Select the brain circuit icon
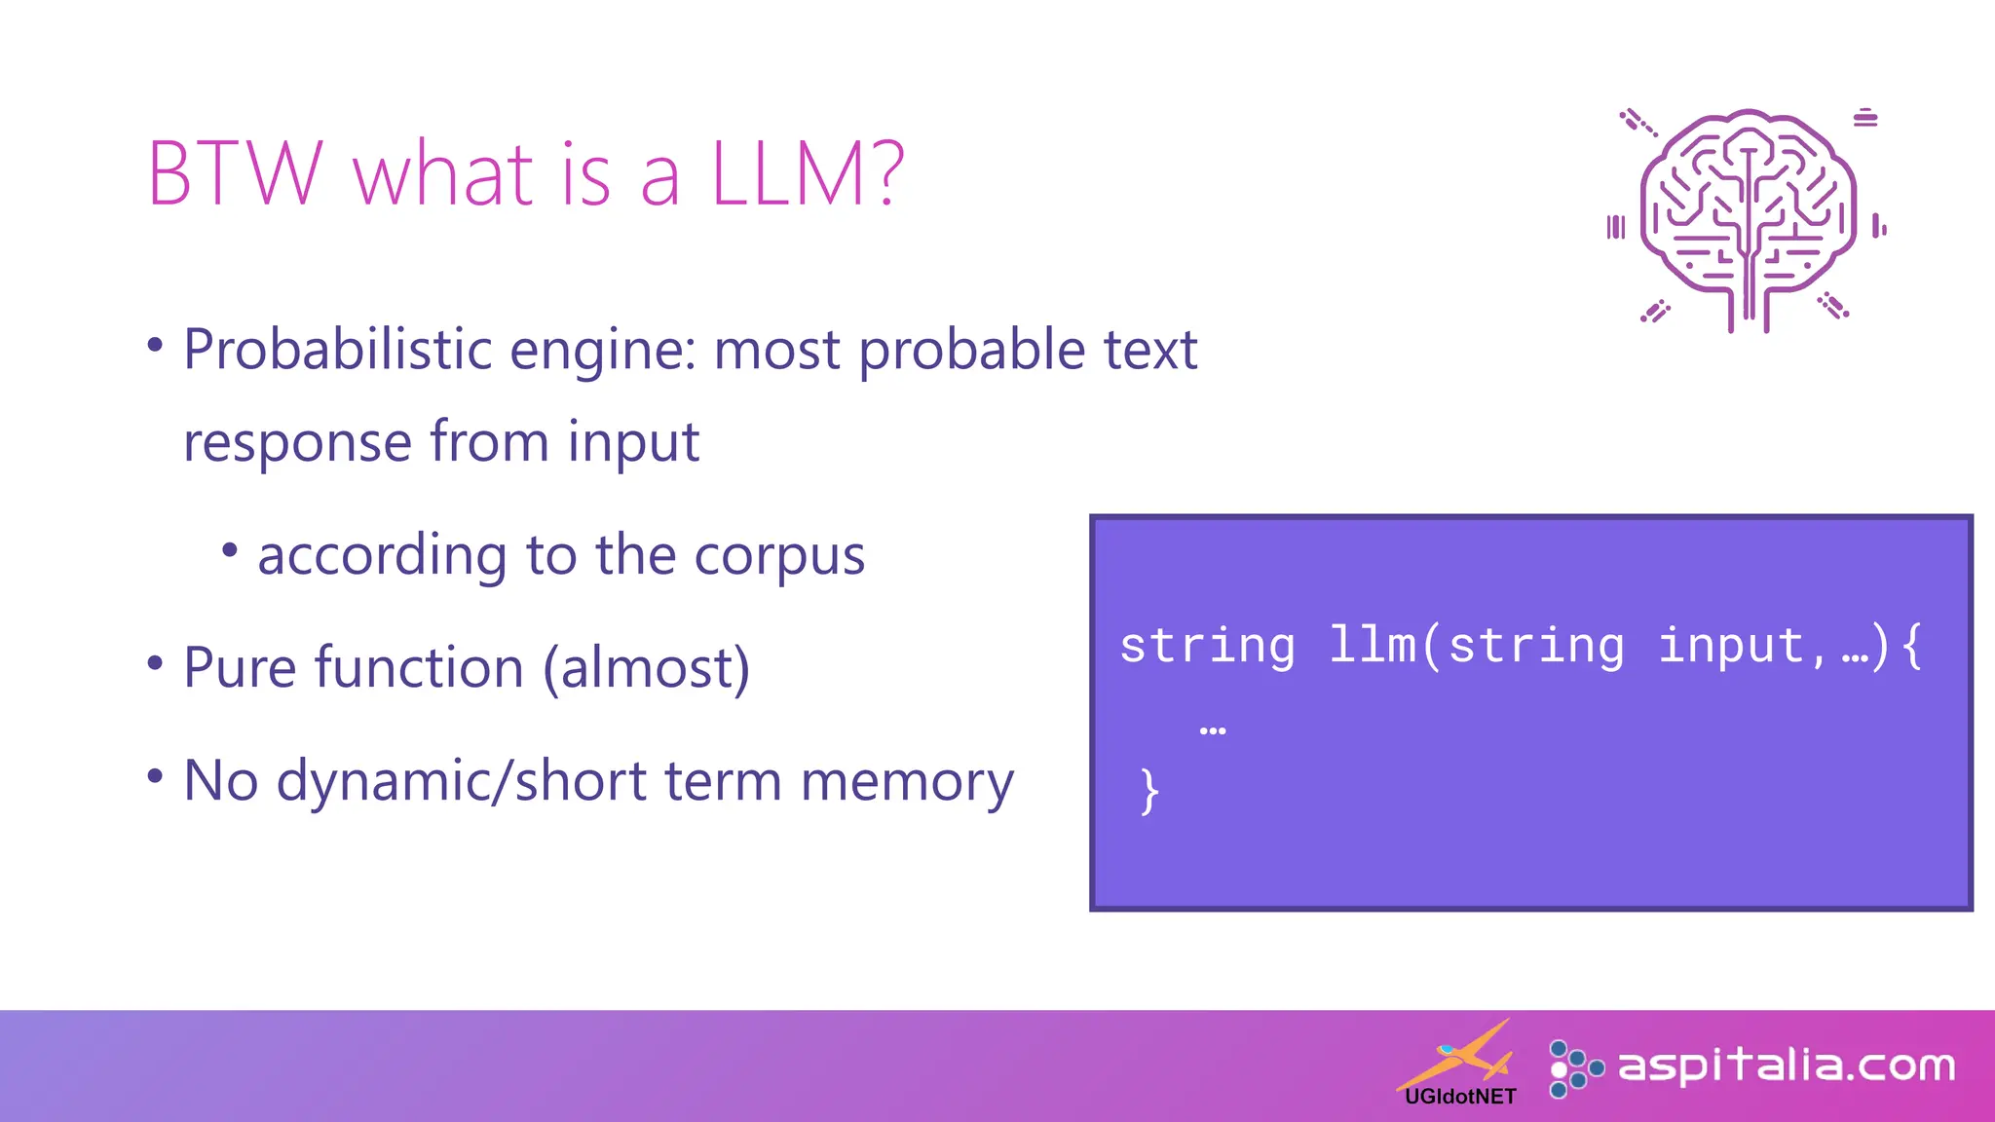[x=1749, y=219]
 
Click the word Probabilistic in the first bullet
[x=337, y=350]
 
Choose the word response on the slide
[x=297, y=443]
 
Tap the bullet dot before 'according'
[x=230, y=550]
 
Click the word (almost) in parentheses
[x=647, y=669]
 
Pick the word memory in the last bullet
[x=907, y=783]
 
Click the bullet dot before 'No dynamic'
[x=155, y=776]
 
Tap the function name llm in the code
[x=1373, y=645]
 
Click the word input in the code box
[x=1732, y=645]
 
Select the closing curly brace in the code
[x=1149, y=790]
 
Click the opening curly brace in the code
[x=1912, y=645]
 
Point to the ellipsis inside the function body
[x=1213, y=730]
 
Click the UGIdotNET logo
[x=1459, y=1066]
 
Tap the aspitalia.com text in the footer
[x=1786, y=1066]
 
